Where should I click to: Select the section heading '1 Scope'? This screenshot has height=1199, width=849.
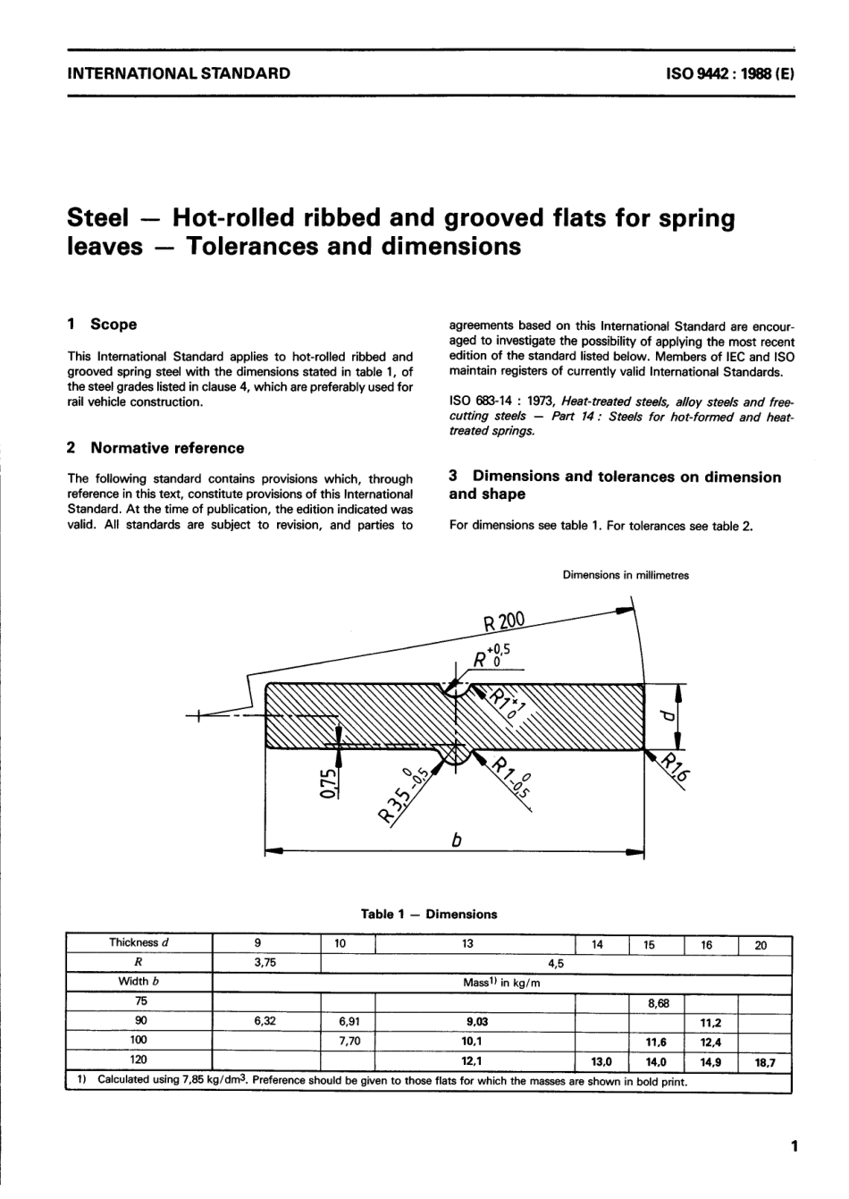click(103, 325)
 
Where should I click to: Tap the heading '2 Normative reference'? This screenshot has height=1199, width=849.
click(156, 448)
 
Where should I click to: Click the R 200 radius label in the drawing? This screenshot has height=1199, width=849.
click(501, 622)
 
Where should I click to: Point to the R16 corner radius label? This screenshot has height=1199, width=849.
click(676, 765)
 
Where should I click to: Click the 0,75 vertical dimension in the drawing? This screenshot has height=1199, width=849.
click(329, 782)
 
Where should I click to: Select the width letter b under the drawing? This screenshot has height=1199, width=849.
click(456, 840)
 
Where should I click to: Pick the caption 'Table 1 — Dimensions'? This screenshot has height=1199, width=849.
click(429, 914)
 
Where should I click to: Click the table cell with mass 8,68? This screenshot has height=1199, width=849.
click(658, 1003)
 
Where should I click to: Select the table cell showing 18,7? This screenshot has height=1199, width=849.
click(765, 1062)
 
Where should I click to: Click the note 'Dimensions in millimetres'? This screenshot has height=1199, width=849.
click(626, 576)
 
